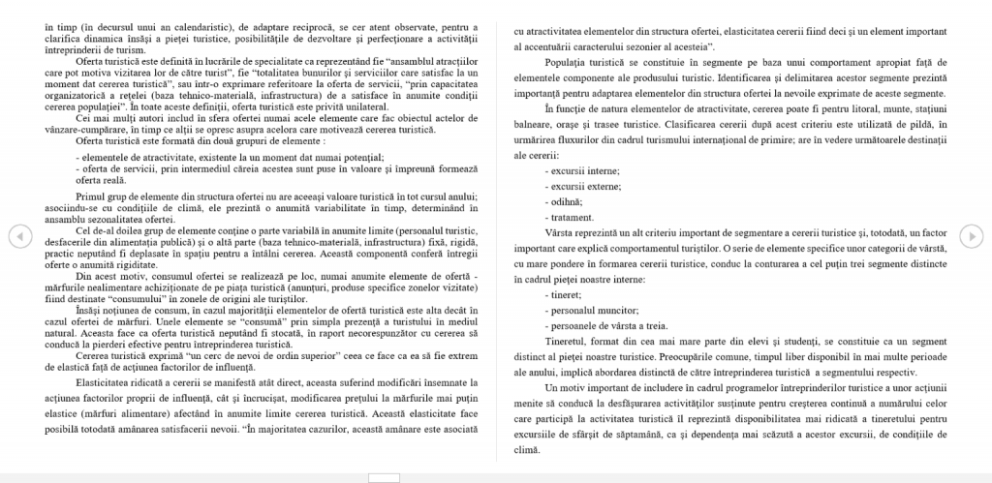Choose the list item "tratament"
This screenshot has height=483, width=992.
573,217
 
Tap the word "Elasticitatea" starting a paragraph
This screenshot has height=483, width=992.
108,381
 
